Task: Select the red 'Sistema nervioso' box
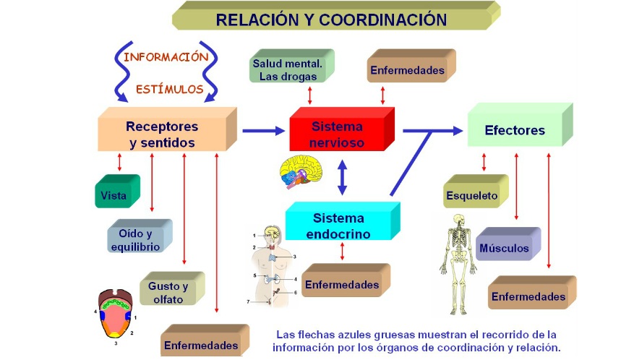(338, 134)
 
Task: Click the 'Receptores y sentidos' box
(163, 134)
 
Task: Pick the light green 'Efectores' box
(515, 131)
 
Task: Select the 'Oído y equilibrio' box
(135, 240)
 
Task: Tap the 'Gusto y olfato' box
(168, 293)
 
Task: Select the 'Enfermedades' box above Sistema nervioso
(407, 70)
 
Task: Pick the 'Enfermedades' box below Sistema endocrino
(342, 284)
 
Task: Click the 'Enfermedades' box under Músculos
(528, 296)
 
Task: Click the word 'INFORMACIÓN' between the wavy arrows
(166, 56)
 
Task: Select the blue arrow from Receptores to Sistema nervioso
(263, 131)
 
